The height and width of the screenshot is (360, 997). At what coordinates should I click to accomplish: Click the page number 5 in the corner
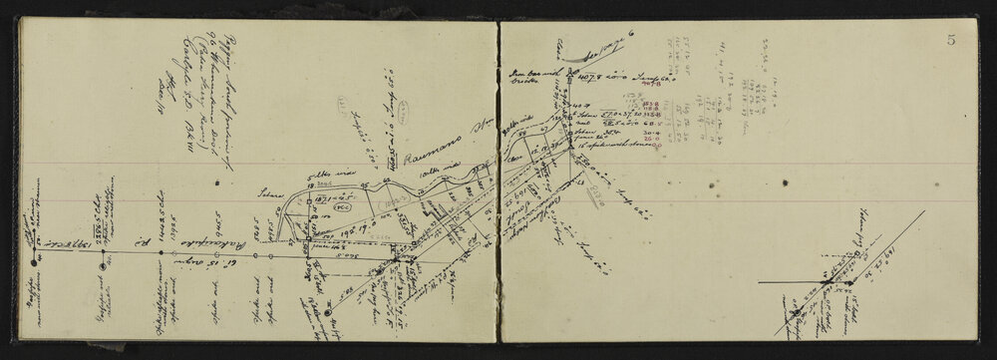point(953,40)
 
